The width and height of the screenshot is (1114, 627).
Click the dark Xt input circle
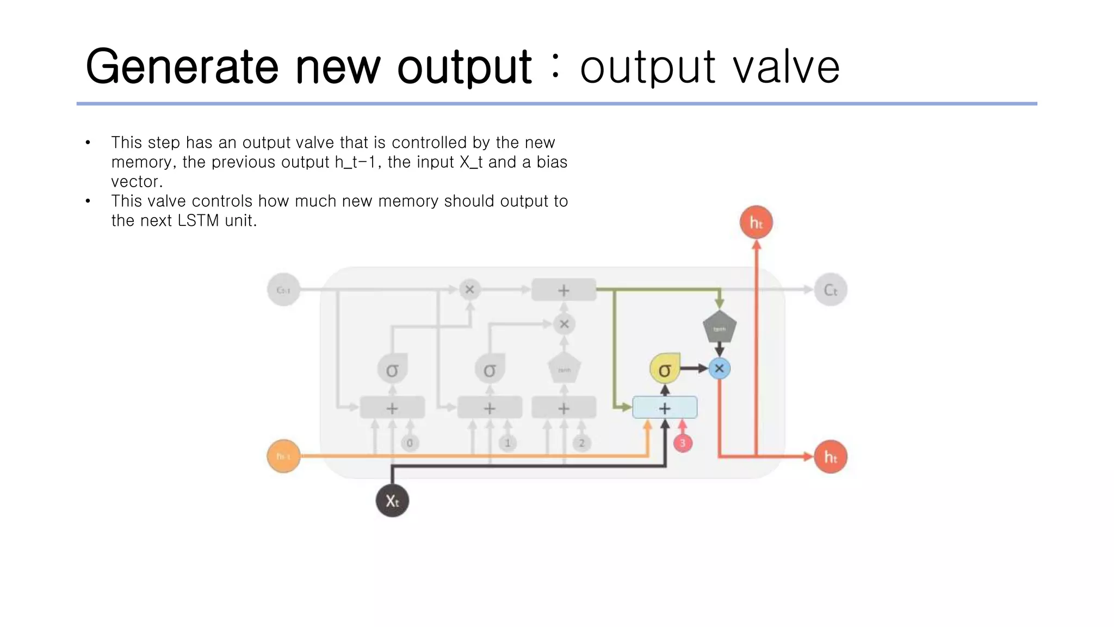point(392,500)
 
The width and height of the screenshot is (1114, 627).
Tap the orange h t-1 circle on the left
point(283,456)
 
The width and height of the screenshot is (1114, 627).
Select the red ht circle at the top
point(756,222)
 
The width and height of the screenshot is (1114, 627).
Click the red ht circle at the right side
point(830,457)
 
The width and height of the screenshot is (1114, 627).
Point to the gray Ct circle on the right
point(830,290)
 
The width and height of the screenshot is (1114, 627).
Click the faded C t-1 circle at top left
point(283,290)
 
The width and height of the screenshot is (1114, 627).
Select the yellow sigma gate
point(665,370)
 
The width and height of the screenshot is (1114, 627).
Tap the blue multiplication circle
point(719,368)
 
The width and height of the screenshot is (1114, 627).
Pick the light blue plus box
point(665,408)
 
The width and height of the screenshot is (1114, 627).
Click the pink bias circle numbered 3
point(683,443)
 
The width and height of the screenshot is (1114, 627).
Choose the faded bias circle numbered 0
point(410,443)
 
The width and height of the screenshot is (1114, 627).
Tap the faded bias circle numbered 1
point(508,443)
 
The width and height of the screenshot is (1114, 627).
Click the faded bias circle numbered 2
point(581,443)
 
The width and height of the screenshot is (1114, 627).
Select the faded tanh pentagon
point(564,370)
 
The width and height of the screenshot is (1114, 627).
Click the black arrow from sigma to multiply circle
point(694,368)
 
